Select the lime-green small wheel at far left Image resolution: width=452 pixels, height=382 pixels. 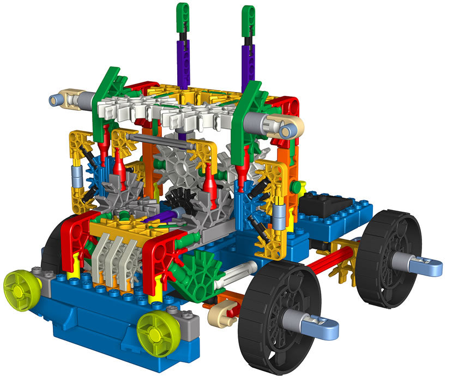22,287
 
